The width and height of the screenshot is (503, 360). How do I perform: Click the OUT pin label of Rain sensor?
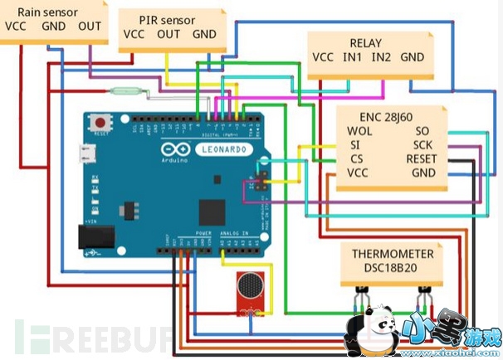coord(90,27)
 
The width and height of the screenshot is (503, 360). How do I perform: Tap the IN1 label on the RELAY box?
coord(353,57)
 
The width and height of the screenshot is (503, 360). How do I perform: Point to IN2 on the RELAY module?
coord(382,57)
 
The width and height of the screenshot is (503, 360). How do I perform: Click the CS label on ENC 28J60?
coord(355,159)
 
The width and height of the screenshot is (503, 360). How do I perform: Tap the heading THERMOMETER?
coord(393,255)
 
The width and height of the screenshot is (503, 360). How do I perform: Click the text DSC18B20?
coord(393,269)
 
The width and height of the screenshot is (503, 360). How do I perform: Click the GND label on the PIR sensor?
coord(203,34)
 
